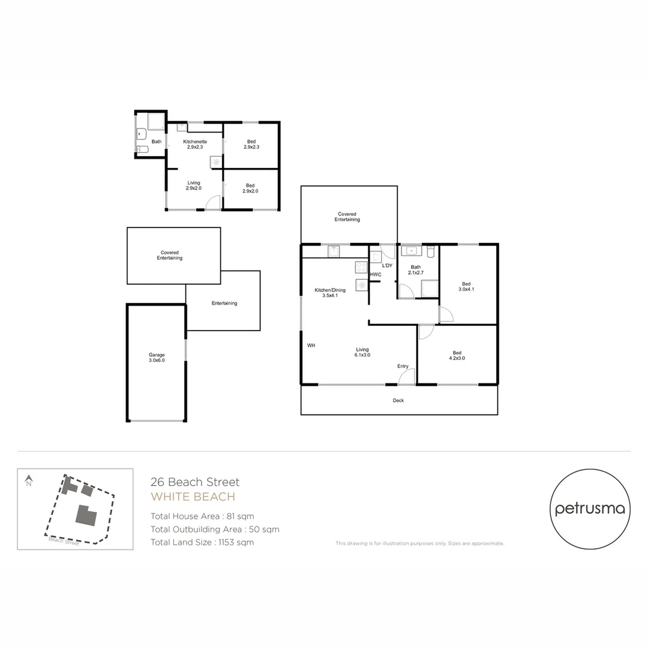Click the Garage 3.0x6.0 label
tap(157, 358)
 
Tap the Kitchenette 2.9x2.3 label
tap(195, 145)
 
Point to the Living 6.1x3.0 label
tap(362, 352)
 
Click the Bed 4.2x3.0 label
tap(457, 355)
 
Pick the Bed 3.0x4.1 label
tap(466, 287)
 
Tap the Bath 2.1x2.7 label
tap(416, 270)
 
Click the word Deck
tap(398, 400)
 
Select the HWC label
tap(376, 275)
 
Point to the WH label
tap(311, 346)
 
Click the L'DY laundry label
tap(388, 266)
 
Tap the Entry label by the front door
tap(403, 367)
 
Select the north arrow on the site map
tap(28, 480)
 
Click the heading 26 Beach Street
tap(195, 482)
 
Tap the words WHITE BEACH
tap(193, 497)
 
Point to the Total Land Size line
tap(202, 542)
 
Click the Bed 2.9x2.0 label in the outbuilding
tap(250, 188)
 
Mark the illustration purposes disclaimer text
tap(419, 544)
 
